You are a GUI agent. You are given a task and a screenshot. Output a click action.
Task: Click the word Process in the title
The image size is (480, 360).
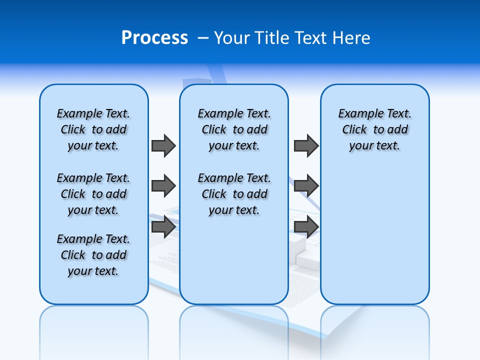(154, 38)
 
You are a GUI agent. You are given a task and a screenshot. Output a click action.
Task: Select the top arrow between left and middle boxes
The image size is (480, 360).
(163, 145)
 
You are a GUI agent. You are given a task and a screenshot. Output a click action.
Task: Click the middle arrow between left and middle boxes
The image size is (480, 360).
(163, 186)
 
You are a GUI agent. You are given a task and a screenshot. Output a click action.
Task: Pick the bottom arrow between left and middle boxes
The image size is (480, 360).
(163, 227)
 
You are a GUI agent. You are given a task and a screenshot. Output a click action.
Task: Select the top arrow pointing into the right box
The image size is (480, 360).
(306, 145)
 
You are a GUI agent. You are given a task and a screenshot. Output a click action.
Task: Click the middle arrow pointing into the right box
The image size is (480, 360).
(306, 186)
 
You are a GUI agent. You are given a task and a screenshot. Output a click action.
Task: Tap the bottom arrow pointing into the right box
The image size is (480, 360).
(306, 227)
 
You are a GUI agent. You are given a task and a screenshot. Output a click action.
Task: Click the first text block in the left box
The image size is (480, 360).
(93, 129)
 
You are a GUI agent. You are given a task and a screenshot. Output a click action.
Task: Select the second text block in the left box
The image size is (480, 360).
(93, 194)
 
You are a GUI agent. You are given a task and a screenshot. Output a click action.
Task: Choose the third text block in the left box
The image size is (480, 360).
(93, 255)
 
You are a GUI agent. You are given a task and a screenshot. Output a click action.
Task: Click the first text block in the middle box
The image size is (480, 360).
(234, 129)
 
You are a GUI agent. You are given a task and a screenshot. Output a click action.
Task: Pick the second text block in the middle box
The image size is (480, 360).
(234, 194)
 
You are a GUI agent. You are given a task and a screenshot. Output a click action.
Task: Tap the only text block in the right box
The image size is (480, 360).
(374, 129)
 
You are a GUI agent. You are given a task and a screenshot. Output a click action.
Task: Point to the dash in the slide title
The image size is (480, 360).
(203, 38)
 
